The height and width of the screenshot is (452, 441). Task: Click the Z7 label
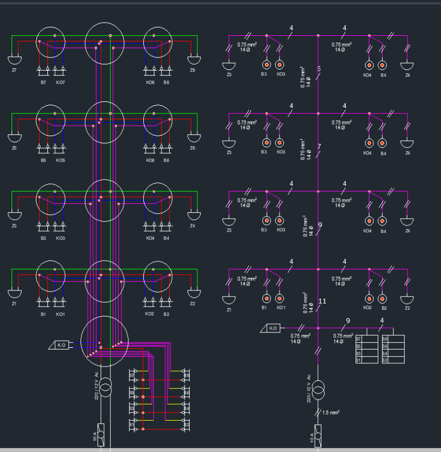click(x=14, y=70)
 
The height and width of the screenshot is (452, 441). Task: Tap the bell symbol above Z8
click(x=193, y=59)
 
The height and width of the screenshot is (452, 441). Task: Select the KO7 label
click(x=60, y=82)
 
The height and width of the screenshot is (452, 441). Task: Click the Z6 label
click(x=192, y=148)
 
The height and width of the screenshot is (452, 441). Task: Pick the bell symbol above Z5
click(x=14, y=136)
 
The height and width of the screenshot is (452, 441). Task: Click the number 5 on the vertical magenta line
click(x=319, y=69)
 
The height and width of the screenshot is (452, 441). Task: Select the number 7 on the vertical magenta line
click(x=319, y=147)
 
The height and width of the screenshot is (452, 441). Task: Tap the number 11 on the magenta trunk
click(x=322, y=301)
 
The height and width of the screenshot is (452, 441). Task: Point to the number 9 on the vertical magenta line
click(x=320, y=225)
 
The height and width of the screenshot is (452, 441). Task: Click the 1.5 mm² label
click(x=331, y=412)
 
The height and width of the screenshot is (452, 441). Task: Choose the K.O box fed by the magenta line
click(x=272, y=328)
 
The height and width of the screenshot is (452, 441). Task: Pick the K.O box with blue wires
click(x=62, y=345)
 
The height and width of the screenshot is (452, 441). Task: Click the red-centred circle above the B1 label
click(x=266, y=298)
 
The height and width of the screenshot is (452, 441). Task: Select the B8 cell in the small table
click(x=385, y=339)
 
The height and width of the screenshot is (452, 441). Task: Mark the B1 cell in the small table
click(x=358, y=360)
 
